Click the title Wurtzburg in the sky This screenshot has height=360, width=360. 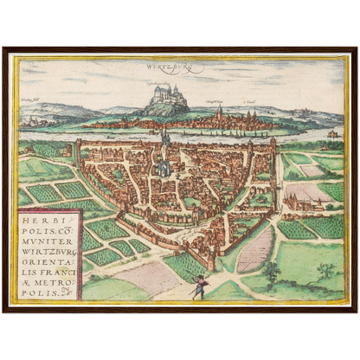(x=180, y=66)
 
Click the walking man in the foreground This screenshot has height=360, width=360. (x=198, y=286)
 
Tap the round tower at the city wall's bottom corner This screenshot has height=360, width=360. (x=210, y=258)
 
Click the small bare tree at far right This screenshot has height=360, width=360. (x=325, y=271)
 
